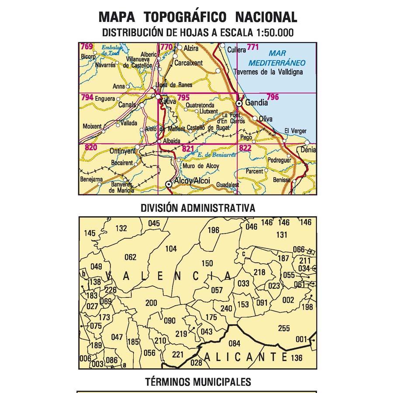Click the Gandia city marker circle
coord(239,103)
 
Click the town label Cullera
coord(236,50)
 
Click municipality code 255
coord(283,328)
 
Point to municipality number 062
coord(131,257)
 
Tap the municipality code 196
coord(214,230)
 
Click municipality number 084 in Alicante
coord(234,343)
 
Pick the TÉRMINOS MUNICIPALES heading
coord(198,382)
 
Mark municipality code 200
coord(151,303)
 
